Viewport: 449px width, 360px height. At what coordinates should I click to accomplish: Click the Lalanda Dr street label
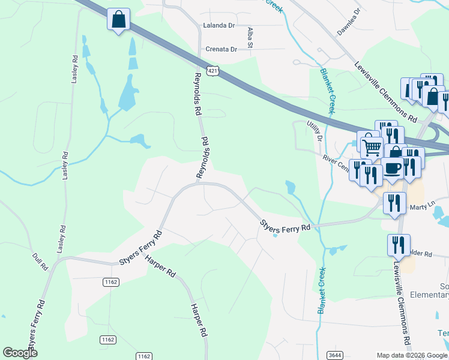219,26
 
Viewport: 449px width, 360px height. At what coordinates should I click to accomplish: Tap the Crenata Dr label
221,50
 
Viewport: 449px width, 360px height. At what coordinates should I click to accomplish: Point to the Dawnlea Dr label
348,22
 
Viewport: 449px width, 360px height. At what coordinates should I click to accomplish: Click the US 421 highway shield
212,71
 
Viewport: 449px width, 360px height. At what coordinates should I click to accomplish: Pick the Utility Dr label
315,130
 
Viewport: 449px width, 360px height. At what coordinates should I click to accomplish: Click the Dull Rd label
40,262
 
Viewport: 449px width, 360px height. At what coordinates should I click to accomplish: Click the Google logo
20,352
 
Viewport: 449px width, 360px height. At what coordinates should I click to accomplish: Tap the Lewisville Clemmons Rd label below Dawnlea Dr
384,92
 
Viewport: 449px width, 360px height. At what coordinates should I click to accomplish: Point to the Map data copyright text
411,355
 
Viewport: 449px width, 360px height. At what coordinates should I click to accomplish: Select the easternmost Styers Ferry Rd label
285,226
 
